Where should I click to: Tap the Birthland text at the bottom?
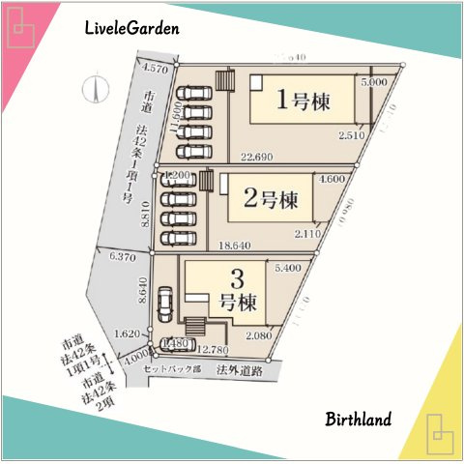point(358,420)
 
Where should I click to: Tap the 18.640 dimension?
point(239,246)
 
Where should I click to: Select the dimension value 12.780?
point(213,350)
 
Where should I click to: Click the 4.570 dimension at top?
point(155,70)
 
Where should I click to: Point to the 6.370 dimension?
point(123,257)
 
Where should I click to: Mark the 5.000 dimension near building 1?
point(373,84)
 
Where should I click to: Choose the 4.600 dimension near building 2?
point(332,179)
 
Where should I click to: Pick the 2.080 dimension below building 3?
point(259,334)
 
